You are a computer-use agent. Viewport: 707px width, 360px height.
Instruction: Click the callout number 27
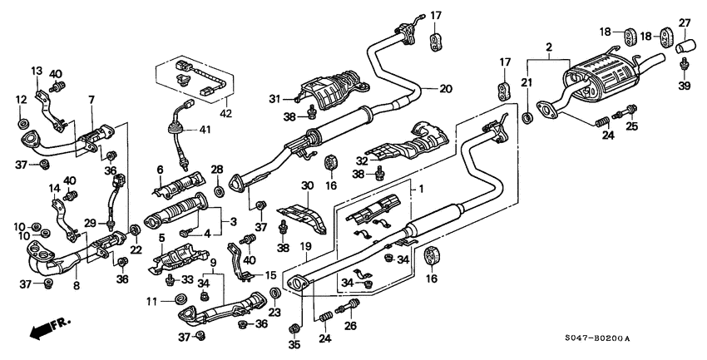point(685,22)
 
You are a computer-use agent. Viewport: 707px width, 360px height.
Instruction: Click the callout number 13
point(37,72)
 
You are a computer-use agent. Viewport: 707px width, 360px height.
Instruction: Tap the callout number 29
point(88,224)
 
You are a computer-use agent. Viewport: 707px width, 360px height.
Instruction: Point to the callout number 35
point(293,343)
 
